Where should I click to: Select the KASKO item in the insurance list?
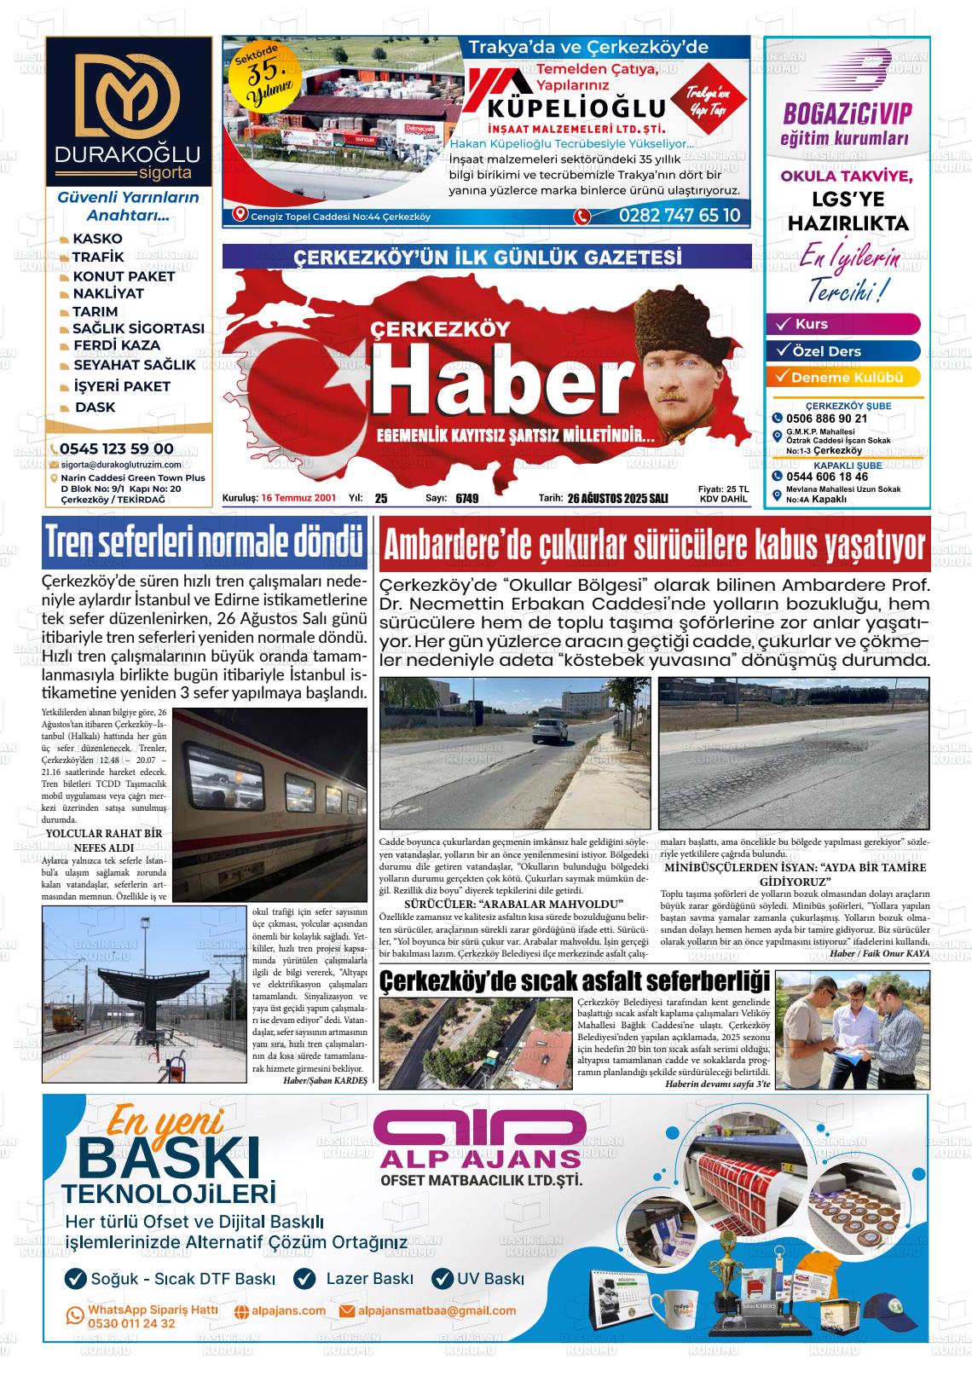[x=97, y=239]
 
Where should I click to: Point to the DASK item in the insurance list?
[x=95, y=407]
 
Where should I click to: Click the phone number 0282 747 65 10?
[x=680, y=216]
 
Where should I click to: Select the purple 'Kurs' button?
[x=844, y=324]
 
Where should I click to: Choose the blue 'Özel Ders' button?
[x=844, y=351]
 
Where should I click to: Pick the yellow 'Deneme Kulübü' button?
[x=844, y=378]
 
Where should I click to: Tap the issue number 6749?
[x=466, y=499]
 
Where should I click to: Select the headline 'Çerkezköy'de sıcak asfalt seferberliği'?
[x=575, y=981]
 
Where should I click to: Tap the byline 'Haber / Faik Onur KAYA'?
[x=879, y=953]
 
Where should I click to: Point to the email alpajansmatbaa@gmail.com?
[x=437, y=1310]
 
